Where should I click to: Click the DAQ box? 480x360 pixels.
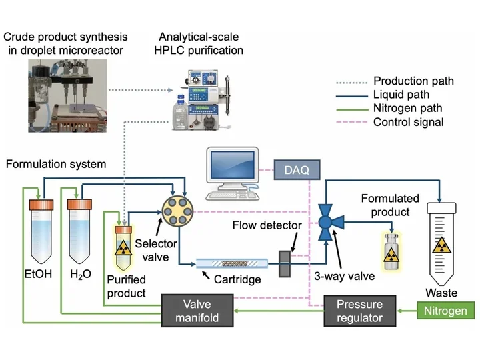tap(297, 170)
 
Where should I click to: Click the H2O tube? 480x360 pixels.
tap(79, 230)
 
